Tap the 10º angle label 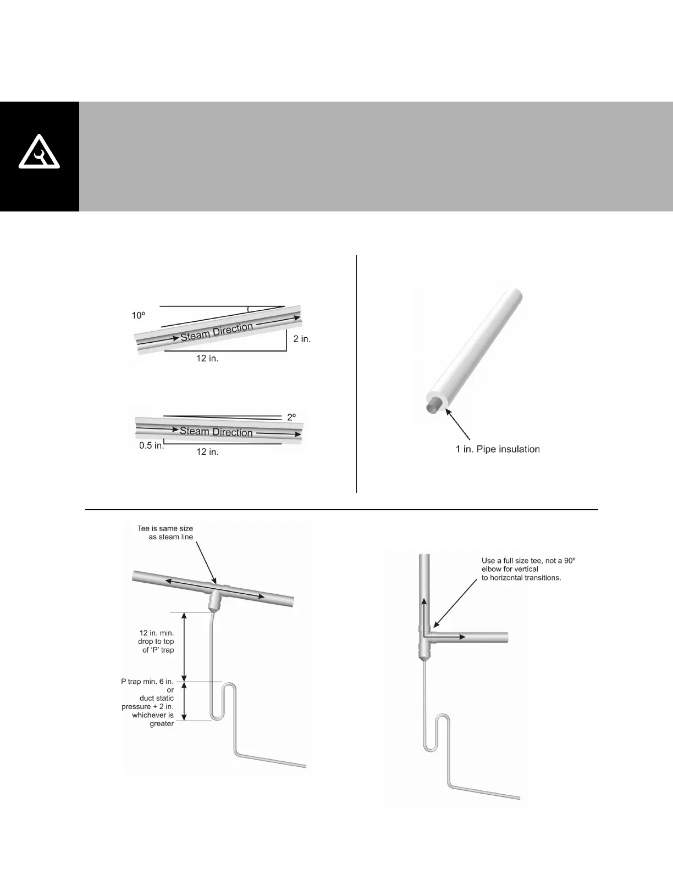pyautogui.click(x=137, y=315)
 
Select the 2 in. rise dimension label pyautogui.click(x=302, y=339)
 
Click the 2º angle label pyautogui.click(x=291, y=417)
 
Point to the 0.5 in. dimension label pyautogui.click(x=151, y=445)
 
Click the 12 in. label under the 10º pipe pyautogui.click(x=207, y=359)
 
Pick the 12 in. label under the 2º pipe pyautogui.click(x=207, y=452)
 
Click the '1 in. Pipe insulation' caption pyautogui.click(x=498, y=449)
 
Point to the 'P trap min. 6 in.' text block pyautogui.click(x=147, y=702)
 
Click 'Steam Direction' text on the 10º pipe pyautogui.click(x=217, y=332)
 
